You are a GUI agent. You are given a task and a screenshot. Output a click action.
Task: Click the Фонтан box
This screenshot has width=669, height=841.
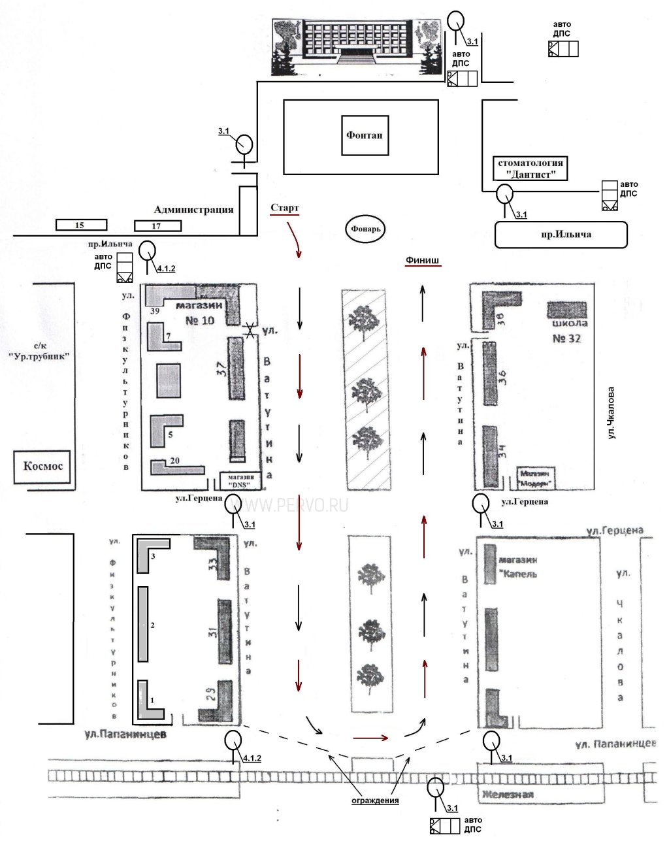click(x=365, y=136)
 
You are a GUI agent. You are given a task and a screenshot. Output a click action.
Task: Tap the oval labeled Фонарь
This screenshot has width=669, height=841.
click(x=366, y=229)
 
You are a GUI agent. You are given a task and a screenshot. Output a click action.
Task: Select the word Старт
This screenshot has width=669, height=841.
click(x=285, y=208)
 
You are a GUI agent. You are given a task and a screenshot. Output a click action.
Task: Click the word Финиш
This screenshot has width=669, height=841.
click(x=422, y=260)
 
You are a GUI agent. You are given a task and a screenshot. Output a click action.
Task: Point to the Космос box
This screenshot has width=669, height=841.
click(x=43, y=467)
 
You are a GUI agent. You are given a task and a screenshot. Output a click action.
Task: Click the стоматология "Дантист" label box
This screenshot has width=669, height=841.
click(x=530, y=169)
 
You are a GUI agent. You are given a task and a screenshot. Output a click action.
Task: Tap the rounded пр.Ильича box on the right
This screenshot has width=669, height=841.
click(x=561, y=234)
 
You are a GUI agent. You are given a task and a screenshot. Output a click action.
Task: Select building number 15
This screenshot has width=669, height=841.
click(x=81, y=225)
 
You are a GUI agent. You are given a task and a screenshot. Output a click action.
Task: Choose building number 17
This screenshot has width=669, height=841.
click(x=157, y=226)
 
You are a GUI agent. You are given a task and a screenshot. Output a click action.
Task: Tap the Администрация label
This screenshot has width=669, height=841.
click(x=193, y=210)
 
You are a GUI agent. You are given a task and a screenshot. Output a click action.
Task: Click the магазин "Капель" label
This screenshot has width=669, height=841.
click(x=518, y=567)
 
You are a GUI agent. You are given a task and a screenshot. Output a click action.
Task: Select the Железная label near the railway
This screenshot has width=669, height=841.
click(x=508, y=795)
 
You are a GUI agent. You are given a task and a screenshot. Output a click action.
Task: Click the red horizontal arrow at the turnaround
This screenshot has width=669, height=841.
click(x=370, y=738)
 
